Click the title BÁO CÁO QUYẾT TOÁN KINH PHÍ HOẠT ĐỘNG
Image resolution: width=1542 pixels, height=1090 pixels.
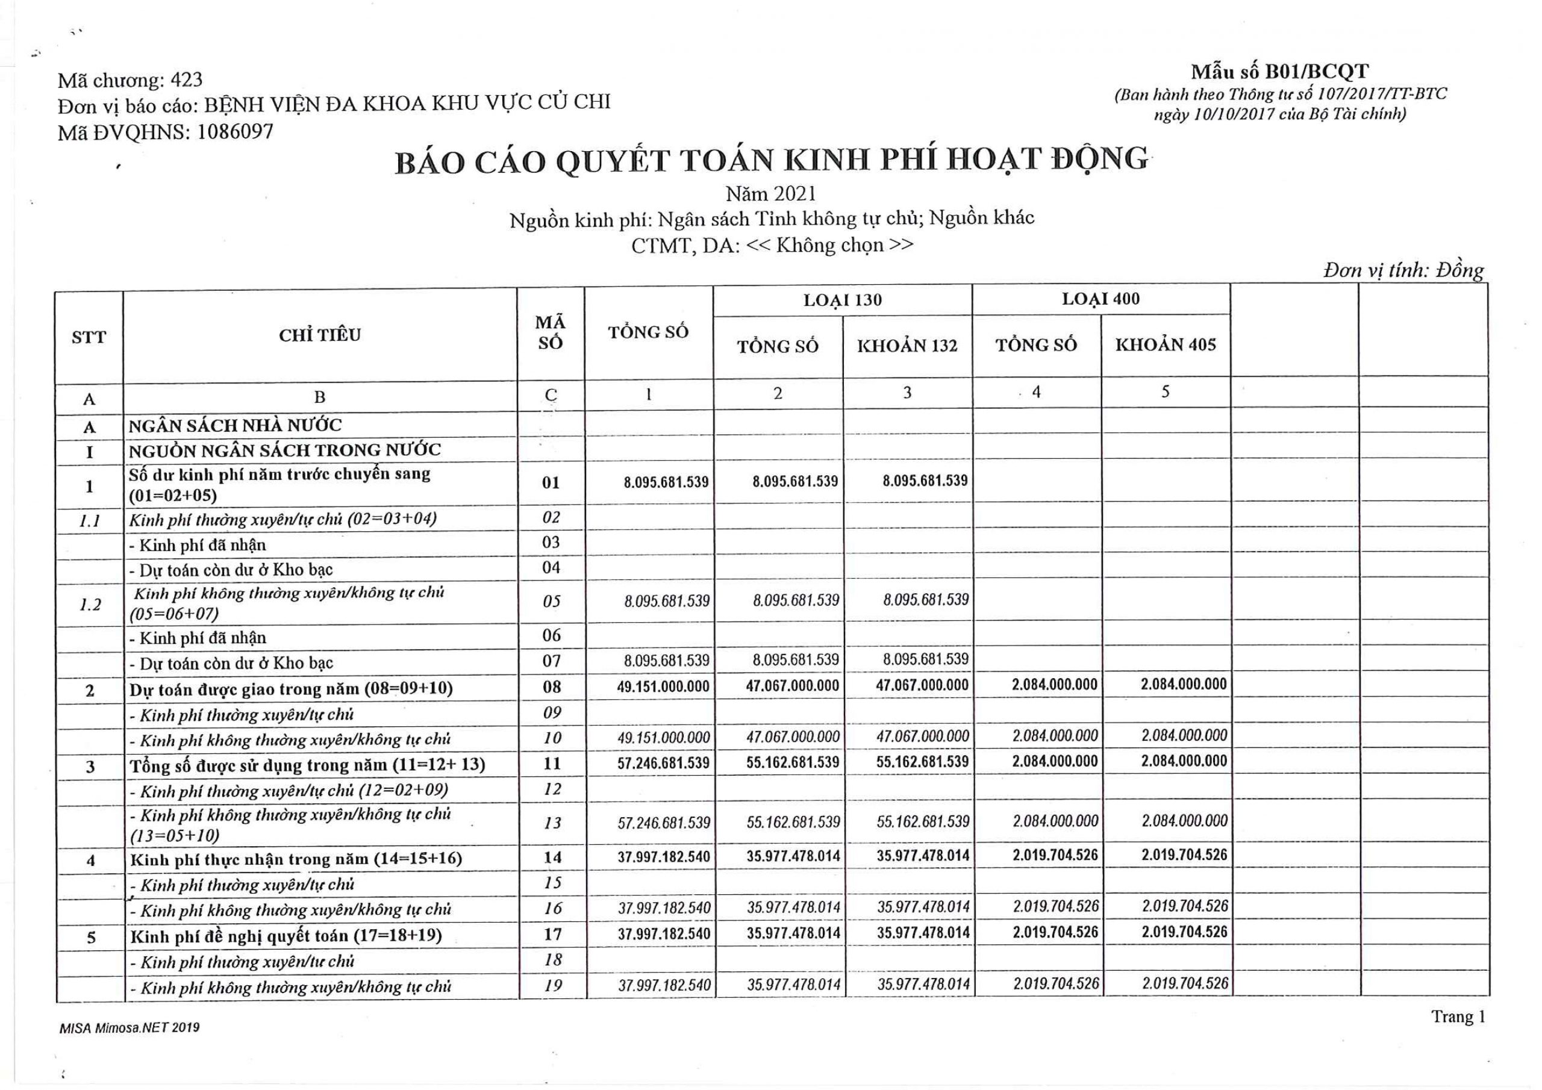tap(771, 161)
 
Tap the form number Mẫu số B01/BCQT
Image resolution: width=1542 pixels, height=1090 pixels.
tap(1279, 72)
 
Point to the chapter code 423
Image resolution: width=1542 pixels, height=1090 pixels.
tap(187, 81)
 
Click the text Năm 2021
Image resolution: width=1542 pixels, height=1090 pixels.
tap(771, 195)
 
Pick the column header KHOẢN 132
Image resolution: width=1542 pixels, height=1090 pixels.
tap(907, 346)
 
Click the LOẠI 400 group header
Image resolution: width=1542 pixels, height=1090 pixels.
tap(1100, 299)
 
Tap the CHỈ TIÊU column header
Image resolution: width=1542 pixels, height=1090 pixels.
tap(320, 335)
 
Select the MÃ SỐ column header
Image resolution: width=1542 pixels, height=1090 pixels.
tap(550, 333)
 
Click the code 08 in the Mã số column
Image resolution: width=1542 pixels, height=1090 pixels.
tap(551, 687)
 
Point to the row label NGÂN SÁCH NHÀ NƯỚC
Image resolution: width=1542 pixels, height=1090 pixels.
tap(235, 426)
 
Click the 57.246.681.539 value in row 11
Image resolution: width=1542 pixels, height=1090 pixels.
tap(664, 764)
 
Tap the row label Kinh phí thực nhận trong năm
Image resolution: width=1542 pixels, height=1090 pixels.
tap(296, 859)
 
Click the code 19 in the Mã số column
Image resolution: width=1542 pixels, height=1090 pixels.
tap(552, 985)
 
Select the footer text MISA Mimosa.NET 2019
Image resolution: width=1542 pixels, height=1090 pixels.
tap(130, 1027)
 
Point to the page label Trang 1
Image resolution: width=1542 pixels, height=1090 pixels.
tap(1458, 1017)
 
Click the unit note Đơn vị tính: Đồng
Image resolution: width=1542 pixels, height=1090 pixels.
tap(1403, 270)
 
